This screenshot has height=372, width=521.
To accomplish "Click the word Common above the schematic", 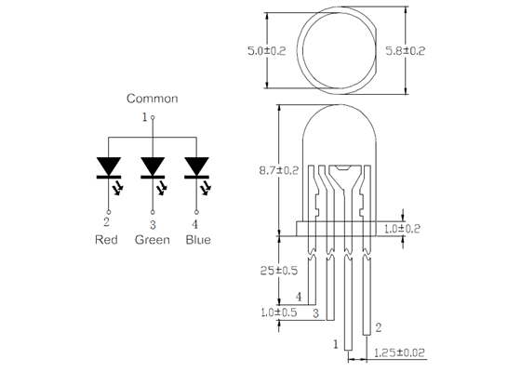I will (152, 99).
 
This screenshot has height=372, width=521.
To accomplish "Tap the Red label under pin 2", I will (107, 240).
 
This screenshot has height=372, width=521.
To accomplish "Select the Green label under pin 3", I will (153, 240).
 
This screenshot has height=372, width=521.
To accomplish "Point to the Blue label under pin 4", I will (196, 240).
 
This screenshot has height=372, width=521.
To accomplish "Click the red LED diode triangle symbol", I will (108, 166).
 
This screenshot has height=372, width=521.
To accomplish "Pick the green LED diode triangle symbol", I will (153, 166).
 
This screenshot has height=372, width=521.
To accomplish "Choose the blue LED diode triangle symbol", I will (196, 166).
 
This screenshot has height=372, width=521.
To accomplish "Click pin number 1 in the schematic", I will (144, 117).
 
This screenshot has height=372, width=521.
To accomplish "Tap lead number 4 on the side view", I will (299, 298).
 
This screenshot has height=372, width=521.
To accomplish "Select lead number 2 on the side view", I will (378, 327).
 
